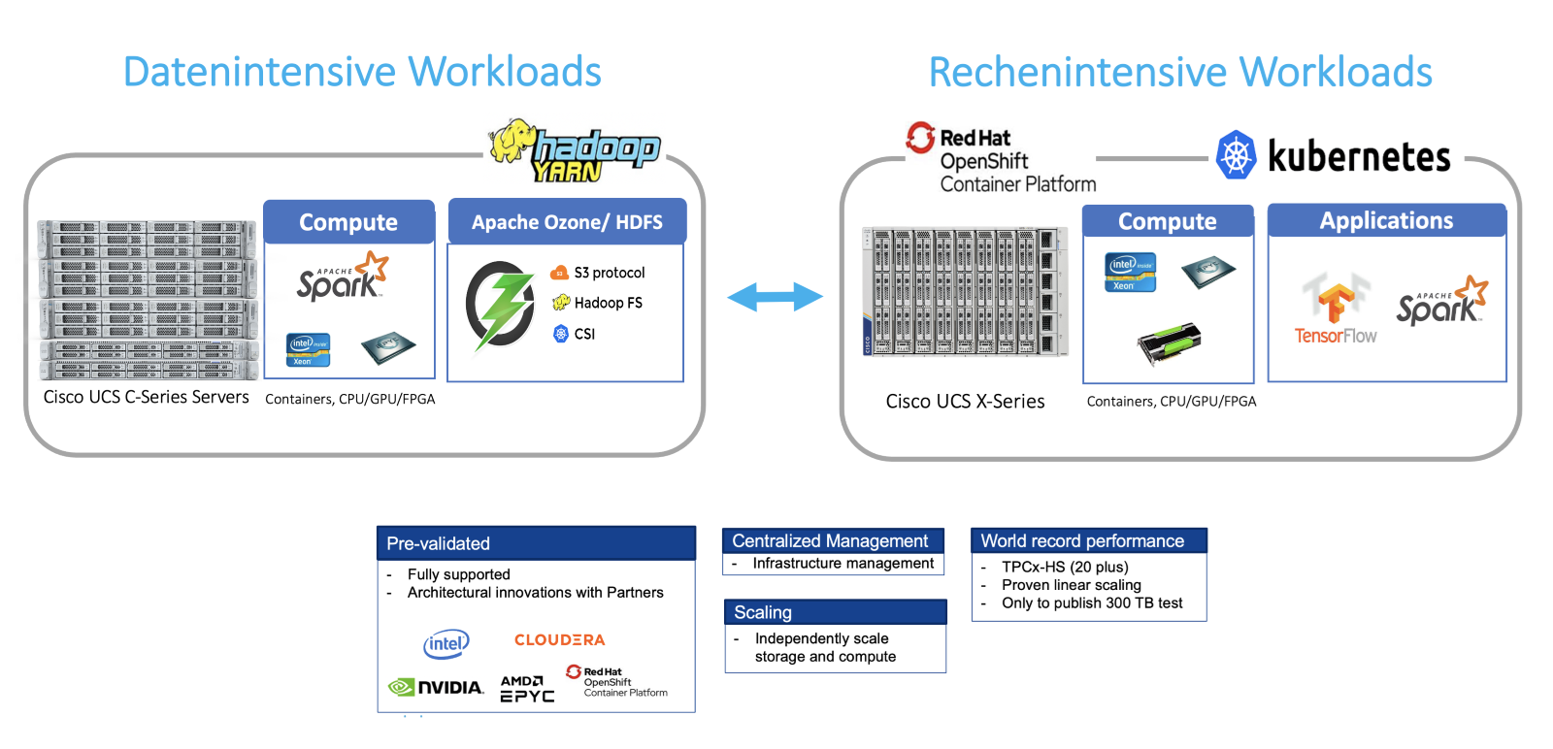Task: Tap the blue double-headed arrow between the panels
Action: pos(775,297)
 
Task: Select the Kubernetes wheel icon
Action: pos(1236,155)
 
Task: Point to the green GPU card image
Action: pos(1169,343)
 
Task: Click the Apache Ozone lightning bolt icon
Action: pos(501,305)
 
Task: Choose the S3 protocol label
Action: pos(609,273)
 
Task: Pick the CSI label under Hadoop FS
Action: pos(584,334)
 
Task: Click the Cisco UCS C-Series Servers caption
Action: pos(146,397)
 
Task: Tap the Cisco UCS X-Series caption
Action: pos(965,402)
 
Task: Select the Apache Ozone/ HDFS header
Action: pos(567,222)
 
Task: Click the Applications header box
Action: pos(1386,221)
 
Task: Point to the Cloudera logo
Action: pos(559,640)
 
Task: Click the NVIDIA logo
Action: pos(436,687)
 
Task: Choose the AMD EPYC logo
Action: pos(527,688)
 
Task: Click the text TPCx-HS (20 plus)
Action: pos(1065,567)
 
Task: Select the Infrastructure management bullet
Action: pos(843,564)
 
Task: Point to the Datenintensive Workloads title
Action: pos(362,72)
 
